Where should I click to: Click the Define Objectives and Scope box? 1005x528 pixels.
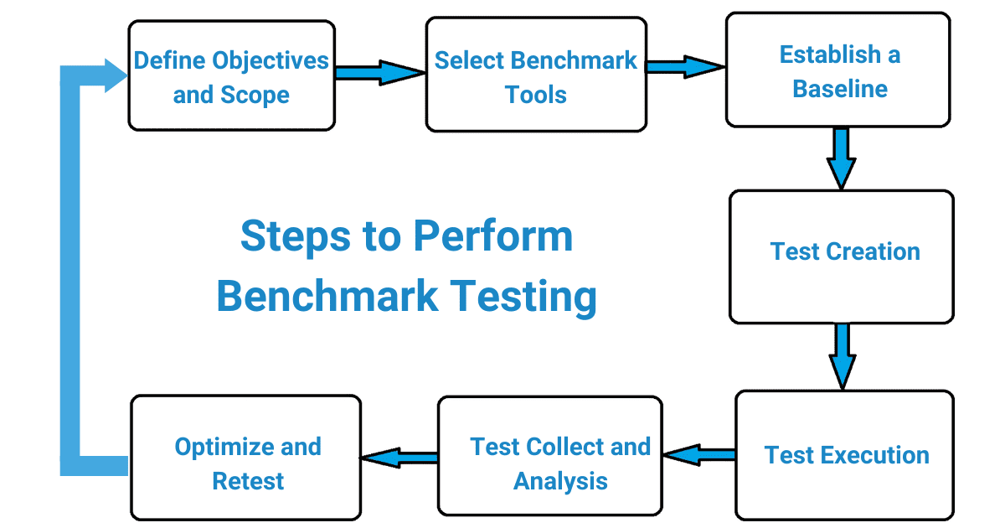click(x=231, y=77)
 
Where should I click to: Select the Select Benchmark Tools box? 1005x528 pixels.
click(x=536, y=77)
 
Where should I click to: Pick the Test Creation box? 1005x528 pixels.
click(x=842, y=256)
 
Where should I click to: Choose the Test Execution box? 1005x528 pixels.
click(x=845, y=454)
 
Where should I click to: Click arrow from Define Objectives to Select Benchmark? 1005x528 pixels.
click(x=379, y=72)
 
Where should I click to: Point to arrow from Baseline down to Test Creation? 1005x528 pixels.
click(x=842, y=158)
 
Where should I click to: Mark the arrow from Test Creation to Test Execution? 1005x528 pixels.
click(x=842, y=356)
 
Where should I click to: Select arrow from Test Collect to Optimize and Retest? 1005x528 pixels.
click(x=399, y=458)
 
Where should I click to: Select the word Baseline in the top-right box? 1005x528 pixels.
click(x=840, y=89)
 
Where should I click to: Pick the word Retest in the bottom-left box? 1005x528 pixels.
click(x=248, y=481)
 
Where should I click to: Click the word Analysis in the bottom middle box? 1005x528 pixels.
click(x=560, y=481)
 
